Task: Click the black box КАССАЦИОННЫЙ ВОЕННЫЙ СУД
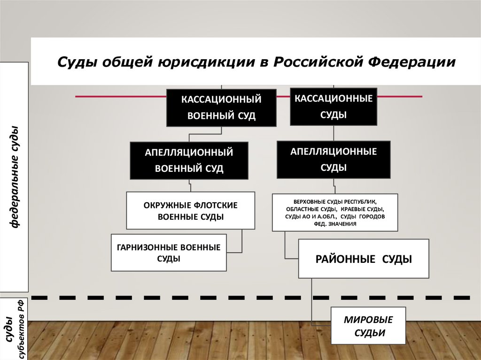click(221, 107)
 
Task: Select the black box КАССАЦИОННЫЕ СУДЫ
click(334, 107)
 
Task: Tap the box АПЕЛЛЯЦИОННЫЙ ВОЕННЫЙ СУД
click(189, 161)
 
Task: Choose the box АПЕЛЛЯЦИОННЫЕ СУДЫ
click(334, 160)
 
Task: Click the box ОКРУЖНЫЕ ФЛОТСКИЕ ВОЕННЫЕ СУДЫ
click(190, 210)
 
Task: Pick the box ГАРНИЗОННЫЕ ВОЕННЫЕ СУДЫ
click(169, 253)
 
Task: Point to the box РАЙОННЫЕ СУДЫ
click(364, 259)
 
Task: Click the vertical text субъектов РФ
click(21, 331)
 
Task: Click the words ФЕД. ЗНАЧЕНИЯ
click(334, 224)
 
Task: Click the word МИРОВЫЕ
click(368, 320)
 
